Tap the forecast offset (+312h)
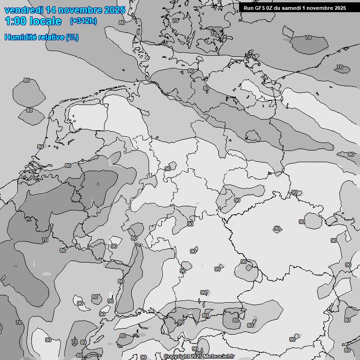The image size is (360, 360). pyautogui.click(x=83, y=21)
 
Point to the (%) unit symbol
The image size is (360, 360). pyautogui.click(x=72, y=37)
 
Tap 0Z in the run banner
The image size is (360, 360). pyautogui.click(x=273, y=8)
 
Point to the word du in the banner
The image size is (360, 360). pyautogui.click(x=281, y=8)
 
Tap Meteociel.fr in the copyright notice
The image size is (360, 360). pyautogui.click(x=219, y=357)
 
